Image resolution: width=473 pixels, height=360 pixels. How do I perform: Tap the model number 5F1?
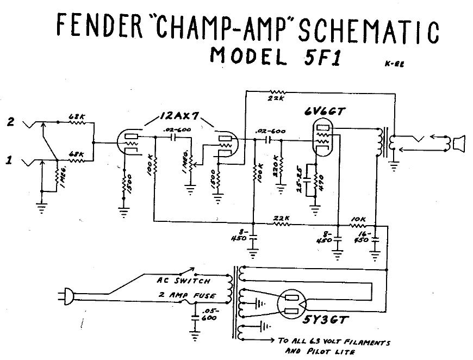318,56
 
